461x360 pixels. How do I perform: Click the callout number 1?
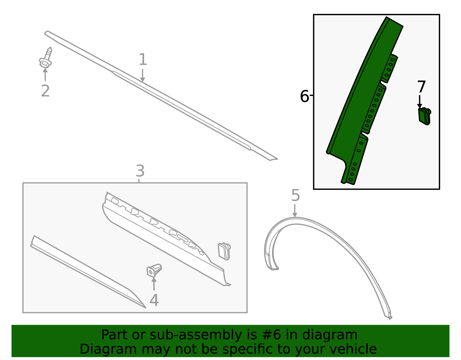(x=143, y=59)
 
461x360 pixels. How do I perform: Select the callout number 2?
(x=45, y=91)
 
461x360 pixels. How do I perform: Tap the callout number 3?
(x=140, y=171)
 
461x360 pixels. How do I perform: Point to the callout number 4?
(x=154, y=300)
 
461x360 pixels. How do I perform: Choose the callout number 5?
(x=296, y=195)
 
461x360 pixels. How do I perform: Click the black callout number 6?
(x=304, y=96)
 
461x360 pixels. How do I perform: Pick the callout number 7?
(x=421, y=86)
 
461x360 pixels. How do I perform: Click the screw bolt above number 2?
(x=46, y=57)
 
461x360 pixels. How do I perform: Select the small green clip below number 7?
(x=424, y=116)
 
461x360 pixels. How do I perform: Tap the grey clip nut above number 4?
(x=154, y=270)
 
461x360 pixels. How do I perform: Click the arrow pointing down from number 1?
(x=143, y=75)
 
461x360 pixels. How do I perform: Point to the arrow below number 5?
(x=295, y=211)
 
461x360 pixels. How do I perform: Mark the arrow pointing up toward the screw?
(x=45, y=74)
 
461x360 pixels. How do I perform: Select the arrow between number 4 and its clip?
(x=154, y=284)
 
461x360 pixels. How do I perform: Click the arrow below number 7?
(x=420, y=102)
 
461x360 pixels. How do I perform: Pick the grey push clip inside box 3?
(x=224, y=251)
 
